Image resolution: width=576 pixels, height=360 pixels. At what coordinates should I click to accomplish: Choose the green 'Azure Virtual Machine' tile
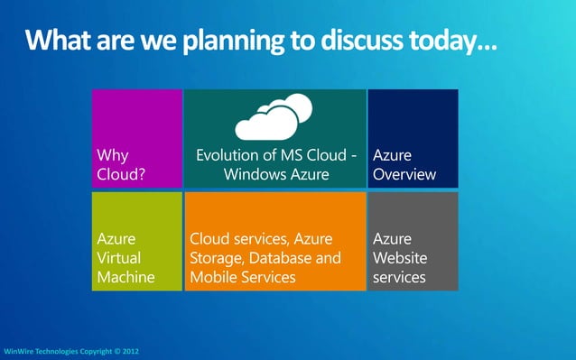tap(136, 241)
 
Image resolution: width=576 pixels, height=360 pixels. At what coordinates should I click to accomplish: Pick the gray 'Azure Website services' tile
tap(413, 241)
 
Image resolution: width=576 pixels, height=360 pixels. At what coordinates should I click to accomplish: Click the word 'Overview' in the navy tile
tap(404, 174)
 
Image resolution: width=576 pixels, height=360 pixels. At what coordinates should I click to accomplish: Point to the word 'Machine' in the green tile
tap(125, 277)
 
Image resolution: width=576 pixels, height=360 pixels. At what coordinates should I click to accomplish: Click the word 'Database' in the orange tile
tap(285, 258)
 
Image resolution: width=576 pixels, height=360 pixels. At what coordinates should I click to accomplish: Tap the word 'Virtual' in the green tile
tap(121, 258)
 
